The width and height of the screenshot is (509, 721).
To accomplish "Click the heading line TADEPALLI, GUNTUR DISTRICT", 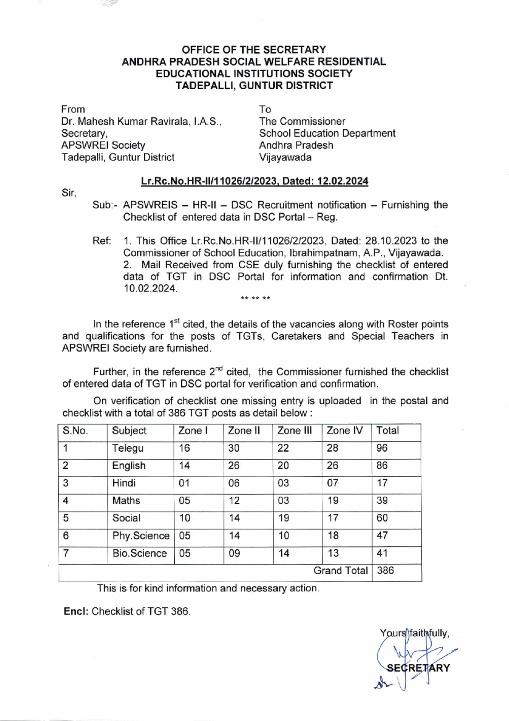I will pos(254,86).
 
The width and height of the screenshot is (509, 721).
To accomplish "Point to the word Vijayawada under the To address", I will pos(285,157).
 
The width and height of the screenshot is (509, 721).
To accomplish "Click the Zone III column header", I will pos(294,431).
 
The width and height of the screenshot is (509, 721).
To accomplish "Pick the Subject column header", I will pos(129,431).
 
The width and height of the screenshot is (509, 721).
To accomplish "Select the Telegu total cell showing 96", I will pos(382,448).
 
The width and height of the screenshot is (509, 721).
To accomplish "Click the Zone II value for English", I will pos(234,466).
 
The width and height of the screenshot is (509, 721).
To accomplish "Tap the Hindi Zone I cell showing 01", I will pos(184,483).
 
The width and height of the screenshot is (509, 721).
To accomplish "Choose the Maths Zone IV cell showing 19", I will pos(333,501).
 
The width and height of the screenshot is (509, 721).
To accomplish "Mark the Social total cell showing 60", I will pos(382,518).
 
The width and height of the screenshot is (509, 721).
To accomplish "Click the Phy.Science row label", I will pos(141,536).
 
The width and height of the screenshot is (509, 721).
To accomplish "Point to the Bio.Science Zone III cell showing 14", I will pos(284,553).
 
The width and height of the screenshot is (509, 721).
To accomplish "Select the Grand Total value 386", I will pos(385,571).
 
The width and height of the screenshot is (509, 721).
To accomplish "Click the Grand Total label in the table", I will pos(341,571).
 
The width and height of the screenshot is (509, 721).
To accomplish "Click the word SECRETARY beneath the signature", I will pos(418,668).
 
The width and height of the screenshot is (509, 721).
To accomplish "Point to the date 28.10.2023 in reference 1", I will pos(391,241).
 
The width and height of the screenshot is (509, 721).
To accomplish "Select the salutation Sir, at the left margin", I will pos(69,193).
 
